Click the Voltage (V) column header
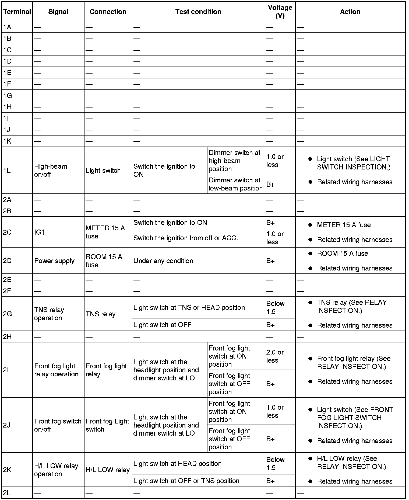point(280,12)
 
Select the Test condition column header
point(198,12)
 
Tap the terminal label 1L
point(7,170)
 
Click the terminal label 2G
point(7,314)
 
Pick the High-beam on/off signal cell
point(51,170)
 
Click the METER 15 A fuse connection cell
point(105,232)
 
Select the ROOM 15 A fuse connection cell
point(104,261)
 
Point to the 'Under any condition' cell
point(163,261)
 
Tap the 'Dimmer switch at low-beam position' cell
point(235,184)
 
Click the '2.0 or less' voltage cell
point(275,356)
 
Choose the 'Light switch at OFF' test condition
point(162,325)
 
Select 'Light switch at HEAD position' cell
point(177,463)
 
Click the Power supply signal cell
point(54,261)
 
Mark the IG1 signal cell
point(39,232)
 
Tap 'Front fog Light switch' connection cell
point(107,425)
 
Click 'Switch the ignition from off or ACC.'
point(186,238)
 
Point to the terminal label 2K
point(7,470)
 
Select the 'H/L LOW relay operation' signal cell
point(56,470)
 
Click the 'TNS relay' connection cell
point(101,314)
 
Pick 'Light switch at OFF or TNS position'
point(186,481)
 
